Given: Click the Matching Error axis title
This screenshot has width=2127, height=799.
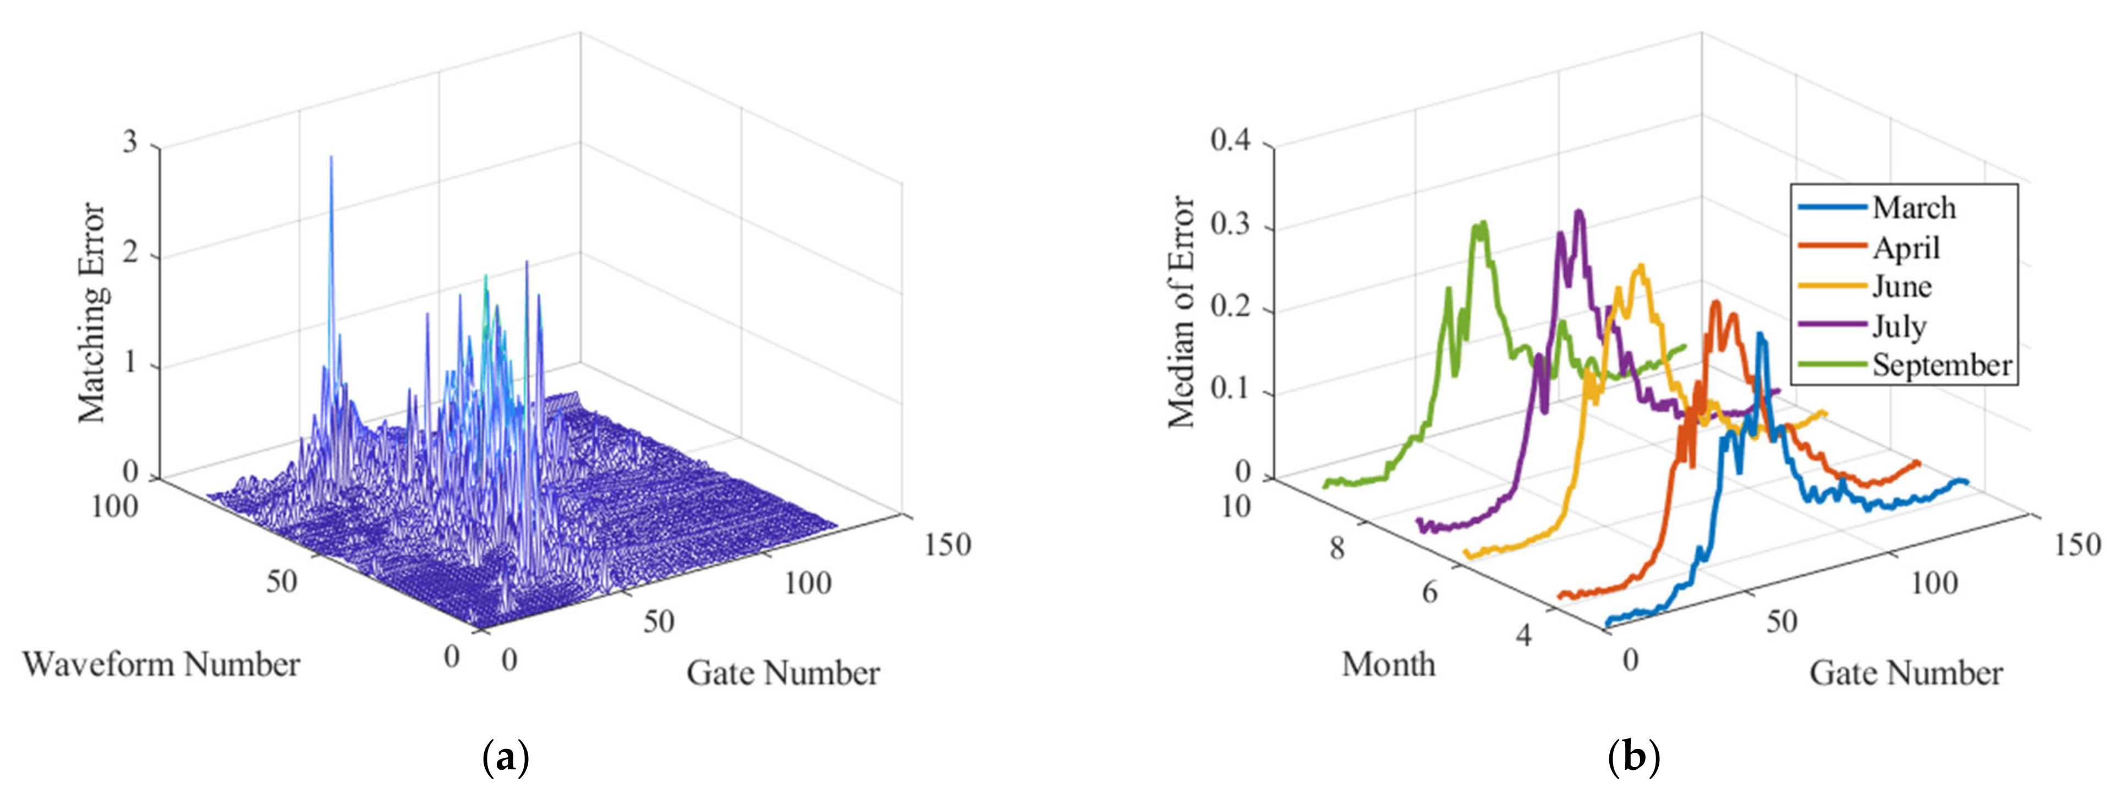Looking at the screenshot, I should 92,313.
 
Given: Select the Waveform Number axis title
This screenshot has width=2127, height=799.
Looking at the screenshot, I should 162,664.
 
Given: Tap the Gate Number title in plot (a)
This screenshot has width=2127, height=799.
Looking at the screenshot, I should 783,674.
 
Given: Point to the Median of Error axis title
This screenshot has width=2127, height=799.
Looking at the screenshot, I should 1182,313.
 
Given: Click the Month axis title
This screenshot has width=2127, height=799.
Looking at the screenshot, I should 1388,664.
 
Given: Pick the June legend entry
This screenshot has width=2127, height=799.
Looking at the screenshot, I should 1901,287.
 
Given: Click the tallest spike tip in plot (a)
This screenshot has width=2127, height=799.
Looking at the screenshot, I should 331,157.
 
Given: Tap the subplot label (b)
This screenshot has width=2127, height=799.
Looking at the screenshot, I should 1634,758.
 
